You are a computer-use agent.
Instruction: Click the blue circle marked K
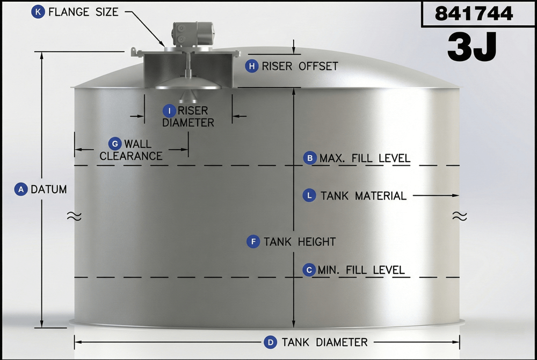click(x=38, y=12)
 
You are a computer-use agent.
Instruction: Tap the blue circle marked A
click(x=21, y=189)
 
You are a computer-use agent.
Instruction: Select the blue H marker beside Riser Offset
click(x=252, y=66)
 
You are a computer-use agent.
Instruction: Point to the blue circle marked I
click(x=169, y=111)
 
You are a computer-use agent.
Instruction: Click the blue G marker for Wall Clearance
click(x=115, y=144)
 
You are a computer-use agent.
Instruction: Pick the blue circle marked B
click(x=310, y=158)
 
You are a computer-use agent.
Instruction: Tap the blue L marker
click(x=309, y=195)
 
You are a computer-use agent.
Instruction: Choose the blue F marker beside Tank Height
click(x=253, y=241)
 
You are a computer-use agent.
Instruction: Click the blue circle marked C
click(x=309, y=270)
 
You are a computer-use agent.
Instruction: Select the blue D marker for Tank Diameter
click(x=271, y=342)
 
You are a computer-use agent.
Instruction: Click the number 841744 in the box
click(x=474, y=14)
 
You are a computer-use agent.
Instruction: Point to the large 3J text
click(x=471, y=47)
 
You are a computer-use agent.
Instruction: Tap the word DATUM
click(x=49, y=189)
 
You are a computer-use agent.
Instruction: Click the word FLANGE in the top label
click(x=69, y=12)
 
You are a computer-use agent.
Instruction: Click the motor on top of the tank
click(x=192, y=34)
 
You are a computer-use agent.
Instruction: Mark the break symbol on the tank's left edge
click(x=74, y=216)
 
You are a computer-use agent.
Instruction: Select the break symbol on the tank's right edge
click(x=460, y=216)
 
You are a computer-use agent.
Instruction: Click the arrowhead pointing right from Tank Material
click(x=455, y=195)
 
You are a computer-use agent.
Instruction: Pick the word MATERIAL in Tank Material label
click(x=381, y=196)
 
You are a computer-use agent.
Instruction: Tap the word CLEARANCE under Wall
click(x=131, y=156)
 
